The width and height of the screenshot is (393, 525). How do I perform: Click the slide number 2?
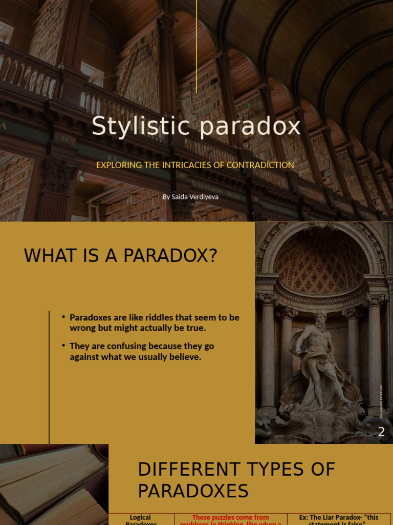pos(381,432)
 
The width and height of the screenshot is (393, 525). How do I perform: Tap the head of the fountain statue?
pos(320,316)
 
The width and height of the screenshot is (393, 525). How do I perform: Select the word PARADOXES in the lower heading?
pos(193,491)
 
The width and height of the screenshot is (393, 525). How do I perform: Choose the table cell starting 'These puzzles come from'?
pos(230,519)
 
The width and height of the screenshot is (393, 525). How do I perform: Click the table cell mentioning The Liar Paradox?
pos(339,519)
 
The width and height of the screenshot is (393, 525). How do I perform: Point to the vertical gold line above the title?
pos(196,46)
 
